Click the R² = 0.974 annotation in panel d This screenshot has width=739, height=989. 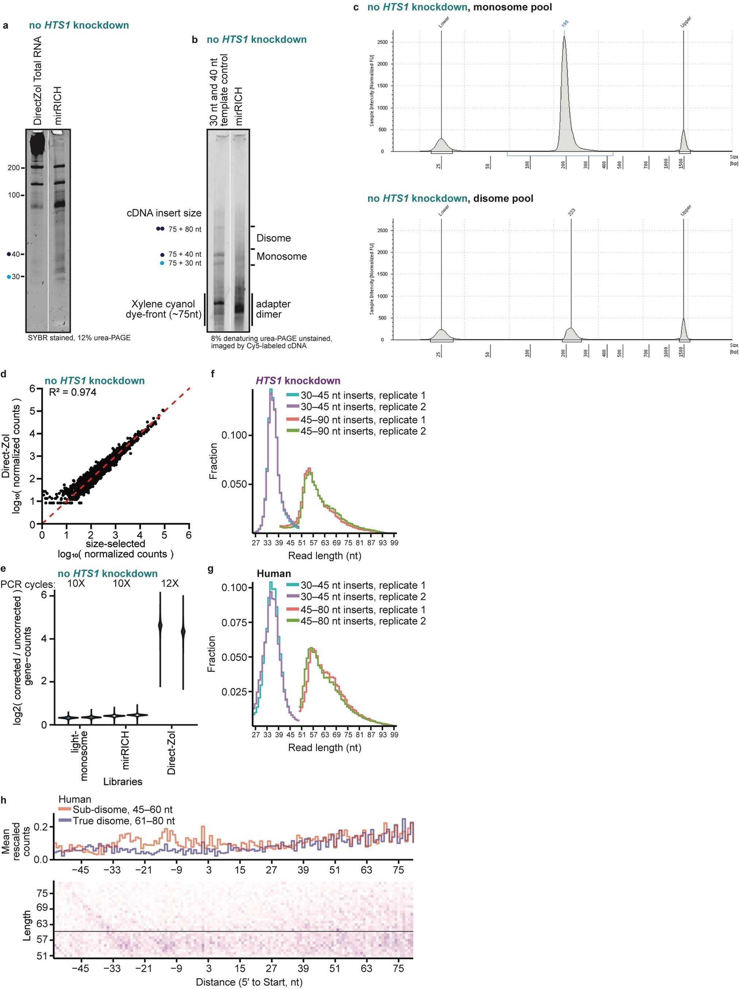tap(72, 393)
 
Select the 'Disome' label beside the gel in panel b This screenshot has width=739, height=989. tap(273, 238)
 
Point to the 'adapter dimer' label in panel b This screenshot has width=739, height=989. tap(273, 309)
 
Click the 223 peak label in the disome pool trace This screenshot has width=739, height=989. tap(571, 212)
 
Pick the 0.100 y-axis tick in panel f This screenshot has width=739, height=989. tap(234, 435)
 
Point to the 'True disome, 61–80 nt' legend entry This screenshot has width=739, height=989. tap(123, 820)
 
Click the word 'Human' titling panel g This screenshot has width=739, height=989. tap(274, 573)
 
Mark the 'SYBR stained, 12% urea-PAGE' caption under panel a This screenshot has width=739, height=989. tap(79, 337)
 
